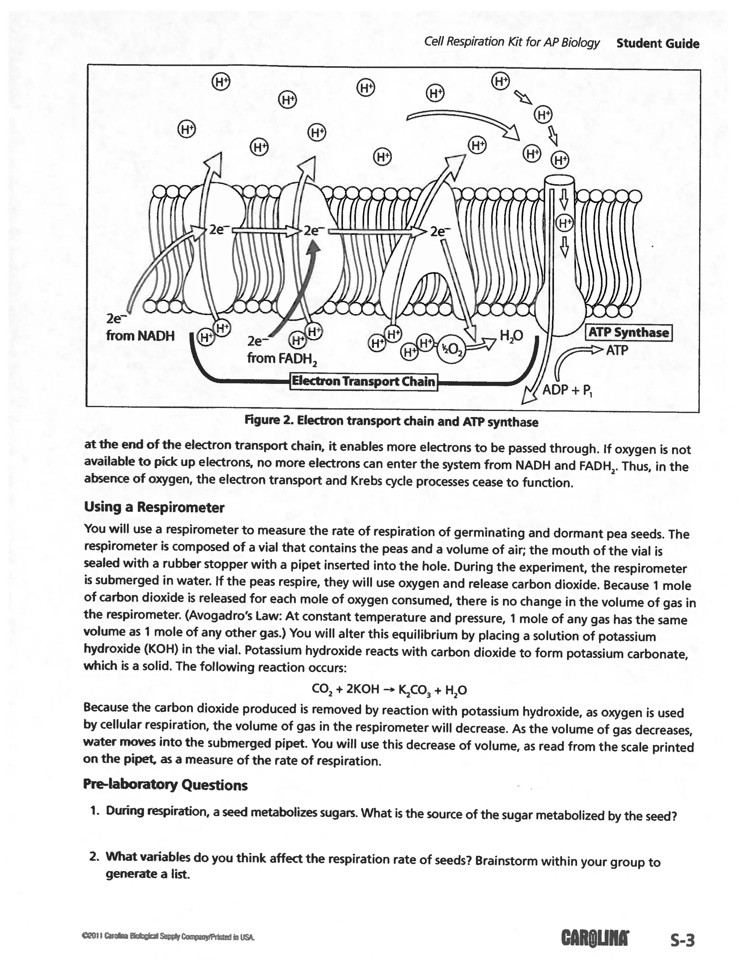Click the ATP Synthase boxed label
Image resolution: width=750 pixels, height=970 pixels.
629,333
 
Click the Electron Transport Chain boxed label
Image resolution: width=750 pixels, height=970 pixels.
363,381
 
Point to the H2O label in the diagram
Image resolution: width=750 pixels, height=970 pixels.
511,336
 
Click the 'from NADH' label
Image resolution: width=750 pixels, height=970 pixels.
140,335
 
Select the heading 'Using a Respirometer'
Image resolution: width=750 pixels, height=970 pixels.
154,507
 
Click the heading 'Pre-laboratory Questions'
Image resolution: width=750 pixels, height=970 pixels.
165,785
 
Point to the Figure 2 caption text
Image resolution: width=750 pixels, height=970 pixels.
391,421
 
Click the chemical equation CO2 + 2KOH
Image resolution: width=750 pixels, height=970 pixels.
389,689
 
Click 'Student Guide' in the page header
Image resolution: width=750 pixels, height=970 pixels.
658,44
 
